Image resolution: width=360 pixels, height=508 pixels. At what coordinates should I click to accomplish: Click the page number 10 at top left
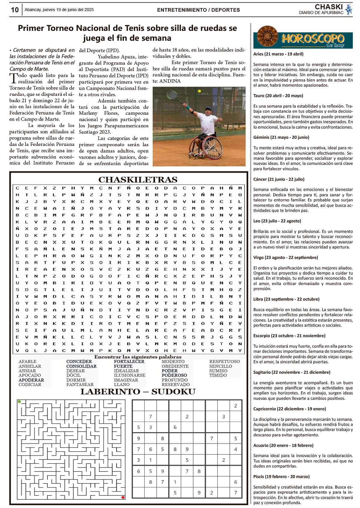(15, 10)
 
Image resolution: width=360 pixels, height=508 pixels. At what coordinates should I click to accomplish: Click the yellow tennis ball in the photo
(199, 91)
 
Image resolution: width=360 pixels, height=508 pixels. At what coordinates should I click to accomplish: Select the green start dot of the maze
(19, 402)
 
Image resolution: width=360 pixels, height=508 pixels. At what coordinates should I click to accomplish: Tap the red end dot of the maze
(123, 497)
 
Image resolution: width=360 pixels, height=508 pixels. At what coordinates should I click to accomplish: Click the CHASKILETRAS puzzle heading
(138, 180)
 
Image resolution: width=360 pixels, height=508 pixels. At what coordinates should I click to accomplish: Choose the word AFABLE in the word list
(28, 362)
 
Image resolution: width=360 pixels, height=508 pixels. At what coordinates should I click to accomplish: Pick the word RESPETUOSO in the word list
(224, 362)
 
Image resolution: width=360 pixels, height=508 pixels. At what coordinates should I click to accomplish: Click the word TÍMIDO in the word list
(218, 375)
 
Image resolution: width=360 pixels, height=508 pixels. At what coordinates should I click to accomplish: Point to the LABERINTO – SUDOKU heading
(138, 392)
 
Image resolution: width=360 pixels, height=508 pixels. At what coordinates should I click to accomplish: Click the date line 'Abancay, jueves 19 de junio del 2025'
(59, 10)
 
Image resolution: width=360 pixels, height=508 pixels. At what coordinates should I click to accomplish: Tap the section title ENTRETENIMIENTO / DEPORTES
(198, 10)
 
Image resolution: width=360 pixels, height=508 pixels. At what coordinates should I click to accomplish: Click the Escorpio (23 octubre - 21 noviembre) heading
(289, 336)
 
